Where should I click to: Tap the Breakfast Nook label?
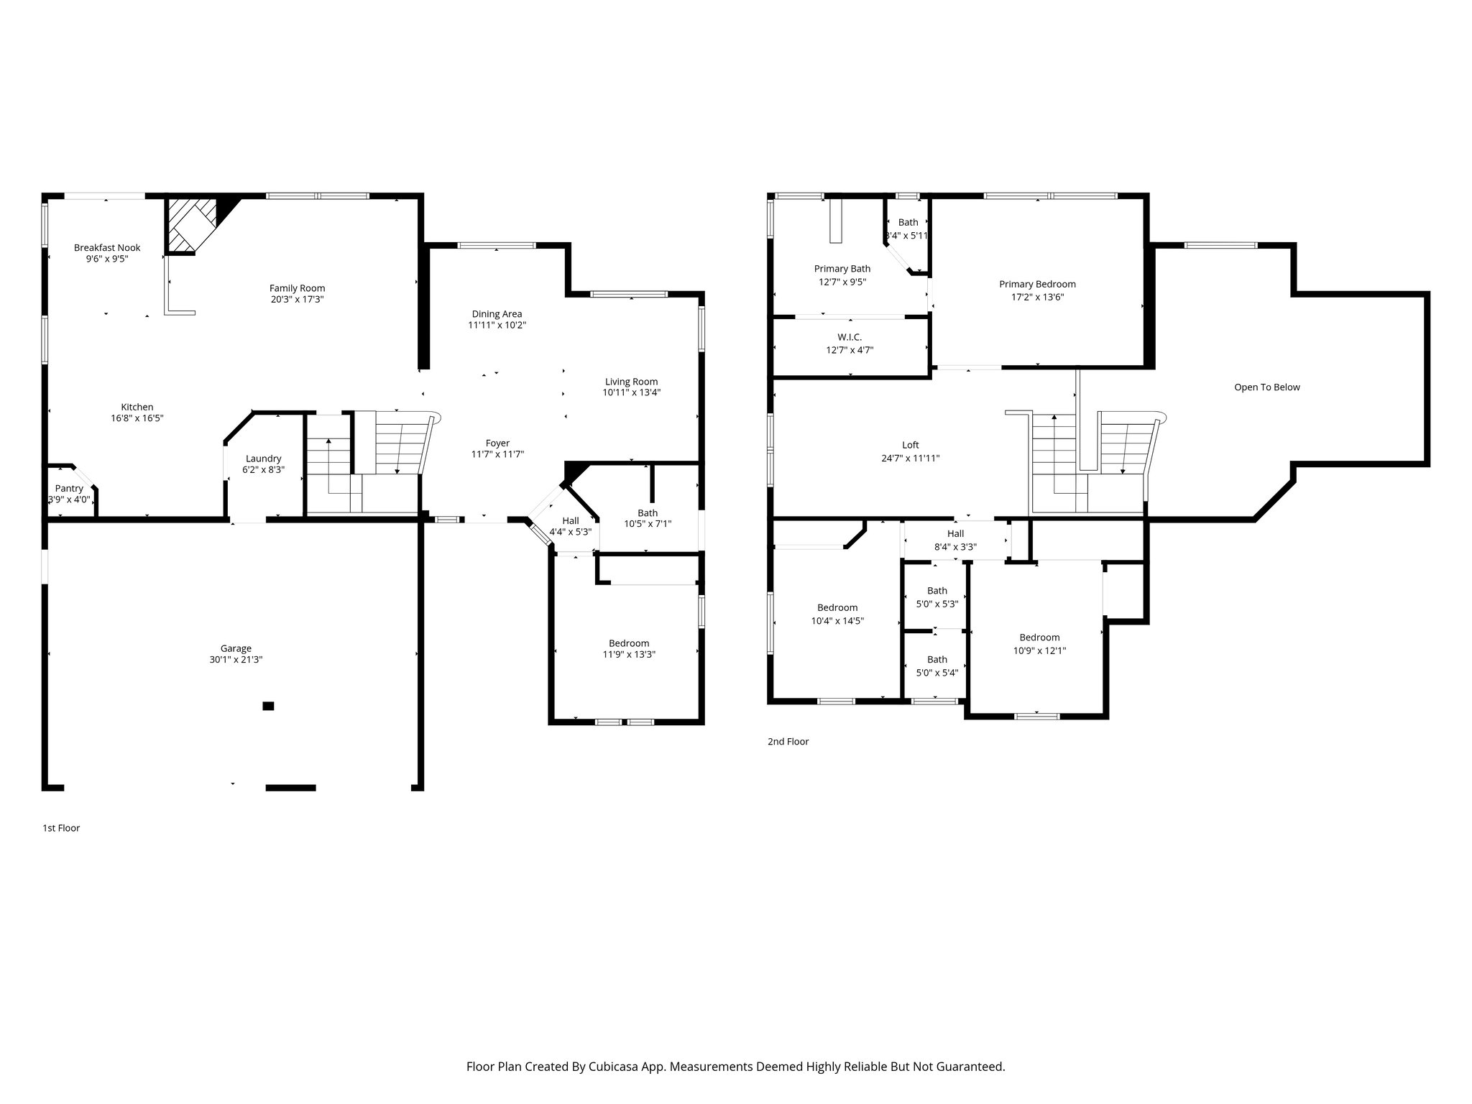tap(107, 248)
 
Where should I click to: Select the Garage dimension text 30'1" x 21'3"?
tap(236, 660)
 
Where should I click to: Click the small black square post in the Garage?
tap(268, 706)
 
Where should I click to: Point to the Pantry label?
tap(69, 488)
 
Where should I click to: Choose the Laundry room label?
tap(263, 459)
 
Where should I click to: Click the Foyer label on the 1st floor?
tap(497, 443)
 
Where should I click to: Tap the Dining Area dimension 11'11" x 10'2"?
tap(497, 325)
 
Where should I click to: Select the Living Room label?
tap(631, 382)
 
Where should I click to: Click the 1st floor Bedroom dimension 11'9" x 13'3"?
tap(629, 655)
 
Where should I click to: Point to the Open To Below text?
tap(1266, 387)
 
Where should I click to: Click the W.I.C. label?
tap(850, 337)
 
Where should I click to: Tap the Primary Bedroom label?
tap(1037, 284)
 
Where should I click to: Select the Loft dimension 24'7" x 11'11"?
tap(911, 458)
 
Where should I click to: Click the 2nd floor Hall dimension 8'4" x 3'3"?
tap(955, 546)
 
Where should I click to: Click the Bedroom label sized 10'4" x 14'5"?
tap(837, 607)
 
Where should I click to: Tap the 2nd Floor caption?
tap(788, 742)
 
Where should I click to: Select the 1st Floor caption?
tap(61, 828)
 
